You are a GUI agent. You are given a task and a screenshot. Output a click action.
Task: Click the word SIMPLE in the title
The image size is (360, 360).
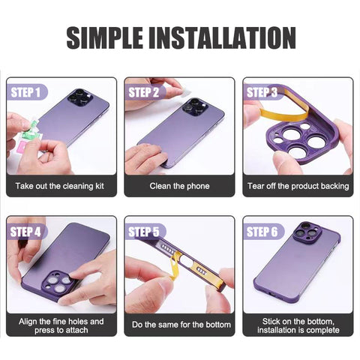click(104, 37)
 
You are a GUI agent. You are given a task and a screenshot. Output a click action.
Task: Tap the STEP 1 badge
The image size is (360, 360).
click(26, 92)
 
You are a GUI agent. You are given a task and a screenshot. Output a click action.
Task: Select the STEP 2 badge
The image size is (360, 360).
click(144, 92)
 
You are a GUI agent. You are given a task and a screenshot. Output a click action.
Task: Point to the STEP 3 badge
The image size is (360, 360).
click(262, 92)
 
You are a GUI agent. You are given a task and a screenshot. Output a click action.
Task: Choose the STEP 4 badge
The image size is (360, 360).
click(26, 232)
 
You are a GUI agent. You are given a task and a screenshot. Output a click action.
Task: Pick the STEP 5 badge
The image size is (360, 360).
click(144, 232)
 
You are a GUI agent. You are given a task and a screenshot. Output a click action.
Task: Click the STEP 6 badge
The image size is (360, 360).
click(262, 232)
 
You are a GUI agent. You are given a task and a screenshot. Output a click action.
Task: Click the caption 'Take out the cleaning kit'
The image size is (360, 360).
click(60, 186)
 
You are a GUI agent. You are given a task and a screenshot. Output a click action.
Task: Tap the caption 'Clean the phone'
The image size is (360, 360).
click(179, 186)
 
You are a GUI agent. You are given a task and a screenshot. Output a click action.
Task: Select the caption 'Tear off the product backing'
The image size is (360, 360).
click(298, 186)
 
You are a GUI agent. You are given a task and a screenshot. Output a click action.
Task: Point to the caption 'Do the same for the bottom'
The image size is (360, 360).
click(181, 325)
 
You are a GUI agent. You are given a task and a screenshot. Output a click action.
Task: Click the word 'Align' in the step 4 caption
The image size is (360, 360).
click(28, 322)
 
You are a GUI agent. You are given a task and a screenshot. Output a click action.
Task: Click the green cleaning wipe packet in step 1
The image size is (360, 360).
click(32, 129)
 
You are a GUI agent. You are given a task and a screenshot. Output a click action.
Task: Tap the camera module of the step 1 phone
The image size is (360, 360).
click(80, 98)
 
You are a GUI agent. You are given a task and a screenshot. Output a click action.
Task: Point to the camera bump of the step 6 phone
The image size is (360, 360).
click(307, 232)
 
